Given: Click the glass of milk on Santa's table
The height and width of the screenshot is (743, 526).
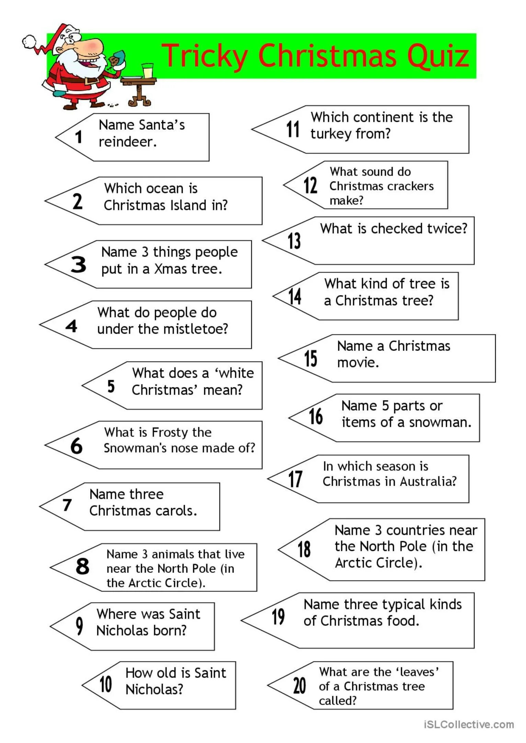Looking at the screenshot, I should (x=148, y=71).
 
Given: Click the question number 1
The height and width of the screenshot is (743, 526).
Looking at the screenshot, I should (x=79, y=137).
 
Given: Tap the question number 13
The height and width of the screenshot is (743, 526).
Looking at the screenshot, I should (x=294, y=241).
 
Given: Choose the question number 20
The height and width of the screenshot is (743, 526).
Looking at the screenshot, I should (x=299, y=686).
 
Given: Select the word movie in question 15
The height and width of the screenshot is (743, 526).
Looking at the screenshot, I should (x=358, y=362).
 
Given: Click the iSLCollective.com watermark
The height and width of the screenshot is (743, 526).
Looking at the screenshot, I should (x=469, y=724).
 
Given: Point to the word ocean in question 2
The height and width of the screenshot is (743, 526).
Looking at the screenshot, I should (x=164, y=189).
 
